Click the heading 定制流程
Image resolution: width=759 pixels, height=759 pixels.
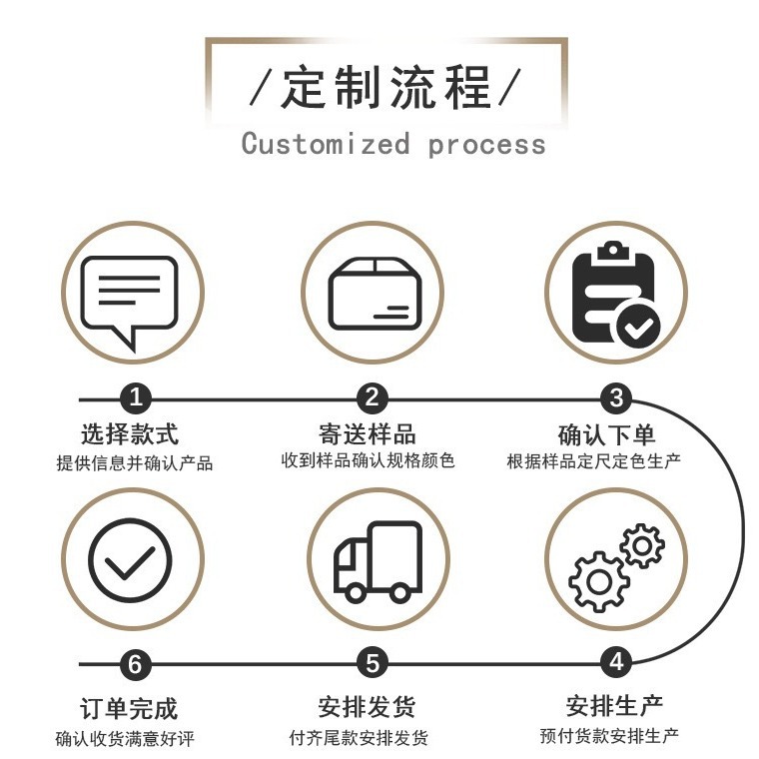pos(385,87)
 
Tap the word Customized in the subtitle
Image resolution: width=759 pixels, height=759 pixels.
pos(326,144)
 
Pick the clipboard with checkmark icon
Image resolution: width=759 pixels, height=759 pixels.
pos(615,295)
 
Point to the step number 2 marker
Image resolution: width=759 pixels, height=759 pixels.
pos(373,399)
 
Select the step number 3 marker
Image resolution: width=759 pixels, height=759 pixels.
pos(616,399)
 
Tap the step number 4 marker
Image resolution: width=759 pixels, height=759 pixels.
pos(616,662)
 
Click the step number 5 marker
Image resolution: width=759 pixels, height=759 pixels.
pos(373,662)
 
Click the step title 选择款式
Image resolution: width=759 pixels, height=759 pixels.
pos(130,434)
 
